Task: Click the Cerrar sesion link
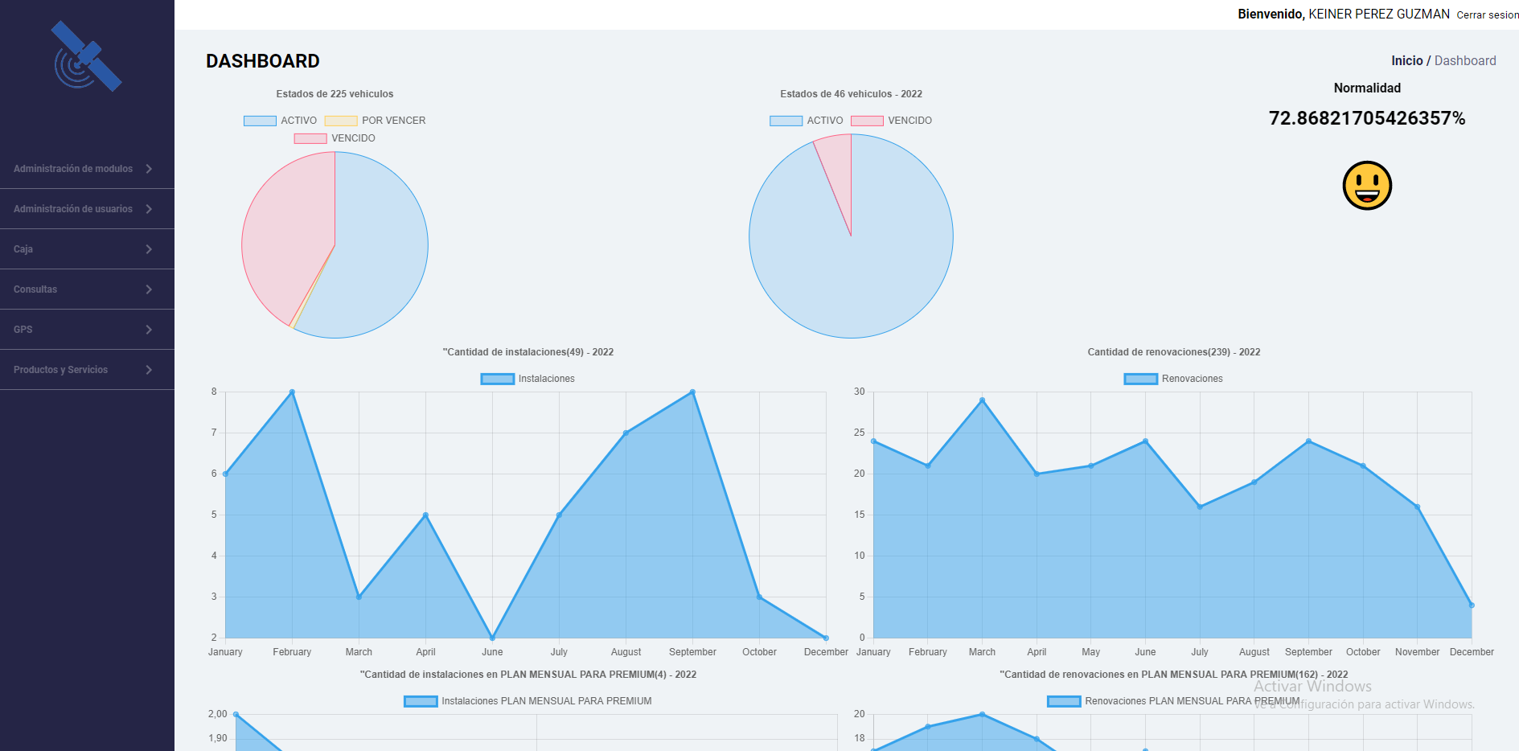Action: click(1487, 15)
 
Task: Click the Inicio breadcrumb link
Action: click(1406, 61)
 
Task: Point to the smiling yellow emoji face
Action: click(1367, 186)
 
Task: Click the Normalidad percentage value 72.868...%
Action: click(1366, 119)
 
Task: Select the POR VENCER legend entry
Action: click(376, 121)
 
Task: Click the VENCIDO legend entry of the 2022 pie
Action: click(892, 121)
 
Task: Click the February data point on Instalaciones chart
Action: click(292, 392)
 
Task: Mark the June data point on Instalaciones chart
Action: click(492, 638)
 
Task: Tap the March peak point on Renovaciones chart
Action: click(982, 400)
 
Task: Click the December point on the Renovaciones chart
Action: click(1472, 605)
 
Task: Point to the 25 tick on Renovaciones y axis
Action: click(860, 433)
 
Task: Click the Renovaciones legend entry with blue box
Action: click(1173, 379)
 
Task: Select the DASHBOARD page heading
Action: click(263, 61)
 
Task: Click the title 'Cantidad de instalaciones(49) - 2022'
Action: click(528, 352)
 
